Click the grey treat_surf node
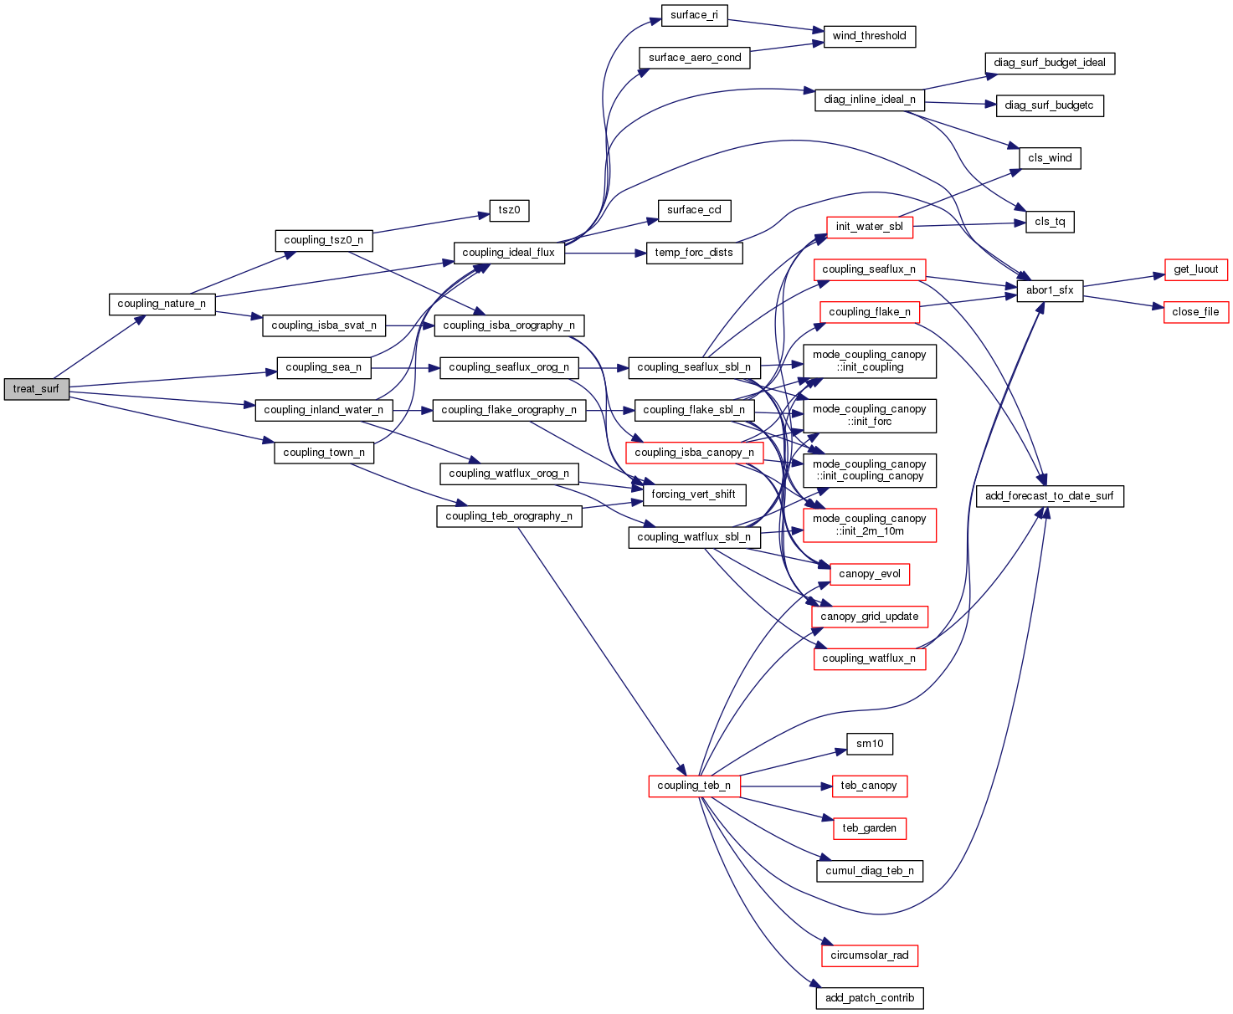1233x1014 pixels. click(36, 389)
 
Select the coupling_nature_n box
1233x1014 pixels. click(162, 304)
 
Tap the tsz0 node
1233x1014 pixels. click(509, 210)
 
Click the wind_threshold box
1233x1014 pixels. click(869, 36)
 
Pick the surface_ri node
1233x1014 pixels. click(694, 15)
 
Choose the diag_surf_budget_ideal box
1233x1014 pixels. click(1050, 63)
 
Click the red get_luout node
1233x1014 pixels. click(1195, 269)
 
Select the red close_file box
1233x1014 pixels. click(1195, 312)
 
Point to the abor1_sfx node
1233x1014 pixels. click(1050, 290)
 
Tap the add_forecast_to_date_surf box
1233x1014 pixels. click(1049, 496)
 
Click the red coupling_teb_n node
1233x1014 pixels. click(694, 786)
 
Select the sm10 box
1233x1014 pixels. click(870, 744)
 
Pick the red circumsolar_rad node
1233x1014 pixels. click(870, 955)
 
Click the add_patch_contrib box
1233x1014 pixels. click(870, 998)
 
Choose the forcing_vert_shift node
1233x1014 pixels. click(693, 494)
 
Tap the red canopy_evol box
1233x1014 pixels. click(870, 574)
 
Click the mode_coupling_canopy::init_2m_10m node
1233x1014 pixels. click(870, 525)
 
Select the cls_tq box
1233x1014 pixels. click(1050, 222)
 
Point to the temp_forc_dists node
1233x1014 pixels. click(694, 253)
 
